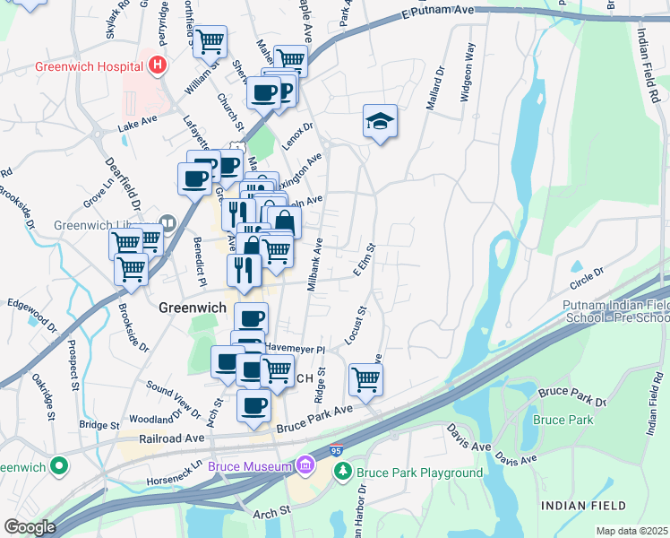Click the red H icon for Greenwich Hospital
tap(159, 65)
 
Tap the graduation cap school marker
tap(380, 122)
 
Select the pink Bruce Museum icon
tap(305, 465)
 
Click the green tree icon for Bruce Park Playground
tap(341, 471)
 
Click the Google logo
tap(30, 527)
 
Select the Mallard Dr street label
tap(439, 87)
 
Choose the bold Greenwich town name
tap(191, 307)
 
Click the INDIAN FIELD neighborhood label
tap(578, 507)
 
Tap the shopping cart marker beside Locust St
tap(365, 378)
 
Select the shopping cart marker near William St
tap(210, 40)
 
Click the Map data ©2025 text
tap(631, 531)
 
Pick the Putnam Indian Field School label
tap(614, 311)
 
